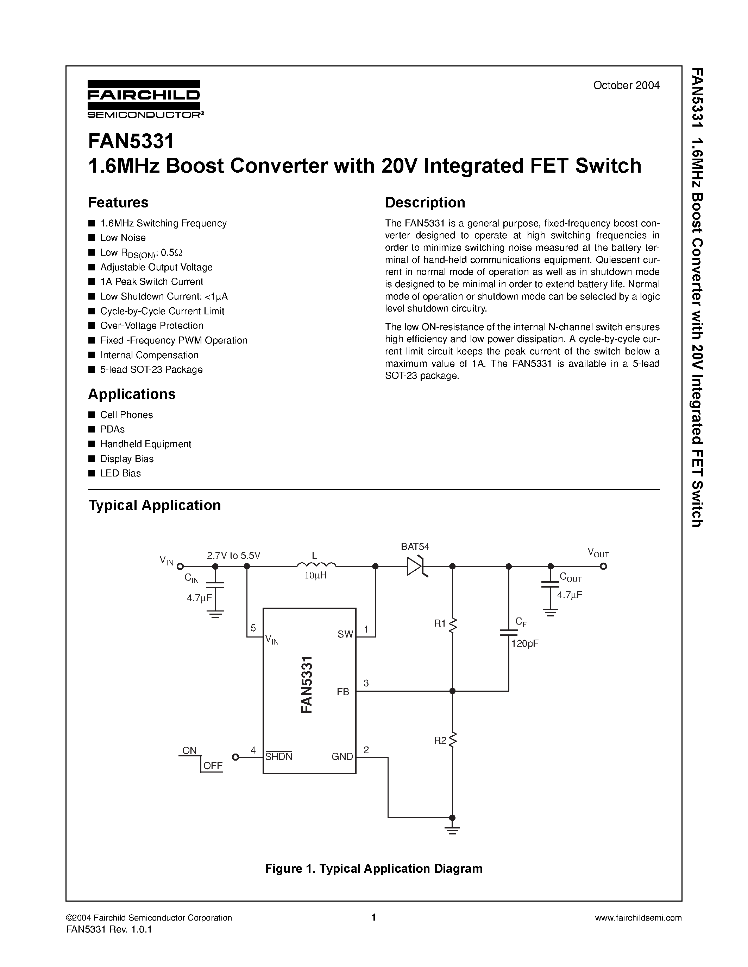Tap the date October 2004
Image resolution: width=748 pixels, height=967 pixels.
626,85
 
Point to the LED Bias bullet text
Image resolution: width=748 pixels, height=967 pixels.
120,473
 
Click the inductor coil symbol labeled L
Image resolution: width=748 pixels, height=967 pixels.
316,564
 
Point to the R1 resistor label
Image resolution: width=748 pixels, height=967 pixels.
440,623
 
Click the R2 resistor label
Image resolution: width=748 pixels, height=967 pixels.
440,740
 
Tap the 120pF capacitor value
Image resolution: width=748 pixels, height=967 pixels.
525,644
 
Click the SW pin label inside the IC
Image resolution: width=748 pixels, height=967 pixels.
345,634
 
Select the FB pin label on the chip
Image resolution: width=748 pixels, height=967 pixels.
343,692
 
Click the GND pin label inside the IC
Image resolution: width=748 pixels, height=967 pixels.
342,757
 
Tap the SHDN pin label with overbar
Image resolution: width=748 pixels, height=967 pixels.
279,757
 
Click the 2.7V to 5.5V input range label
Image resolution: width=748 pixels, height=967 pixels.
233,556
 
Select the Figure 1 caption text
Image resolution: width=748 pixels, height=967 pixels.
373,869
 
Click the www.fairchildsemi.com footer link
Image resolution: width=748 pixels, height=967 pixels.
638,918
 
